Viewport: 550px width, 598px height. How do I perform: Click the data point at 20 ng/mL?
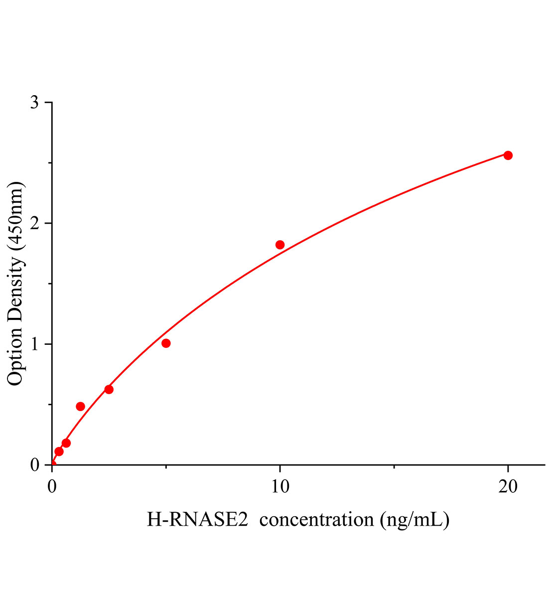point(508,155)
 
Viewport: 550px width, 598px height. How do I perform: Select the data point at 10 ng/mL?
point(280,245)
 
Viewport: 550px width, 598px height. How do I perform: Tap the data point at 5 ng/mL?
point(166,343)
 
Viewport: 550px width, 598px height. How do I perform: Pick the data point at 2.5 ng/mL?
point(109,389)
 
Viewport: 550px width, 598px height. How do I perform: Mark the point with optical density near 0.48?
point(80,406)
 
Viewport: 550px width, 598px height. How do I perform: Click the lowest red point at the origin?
point(52,464)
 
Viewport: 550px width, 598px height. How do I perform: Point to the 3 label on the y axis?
point(34,103)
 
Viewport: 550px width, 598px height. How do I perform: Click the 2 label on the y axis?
point(34,223)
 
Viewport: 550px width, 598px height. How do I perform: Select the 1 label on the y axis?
point(34,344)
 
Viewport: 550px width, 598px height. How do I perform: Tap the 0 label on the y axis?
point(34,465)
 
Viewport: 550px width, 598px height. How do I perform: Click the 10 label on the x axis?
point(280,487)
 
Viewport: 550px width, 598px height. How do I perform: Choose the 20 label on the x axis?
point(508,487)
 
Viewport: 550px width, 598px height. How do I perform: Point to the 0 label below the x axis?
point(52,487)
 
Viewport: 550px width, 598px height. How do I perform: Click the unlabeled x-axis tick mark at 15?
point(394,467)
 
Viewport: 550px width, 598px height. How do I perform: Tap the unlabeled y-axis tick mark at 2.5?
point(50,163)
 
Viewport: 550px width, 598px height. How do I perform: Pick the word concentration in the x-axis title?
point(316,520)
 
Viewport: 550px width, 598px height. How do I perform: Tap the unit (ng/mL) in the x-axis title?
point(414,520)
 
